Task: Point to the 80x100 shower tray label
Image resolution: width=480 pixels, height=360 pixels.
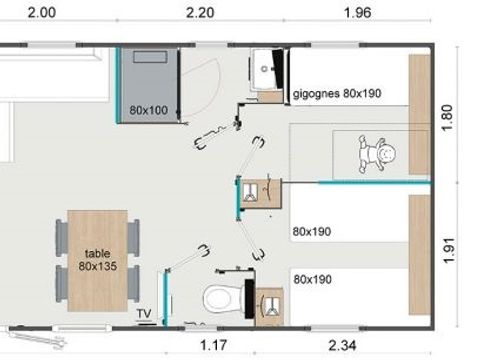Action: [147, 109]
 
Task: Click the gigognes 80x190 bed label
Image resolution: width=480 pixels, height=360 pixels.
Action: [338, 94]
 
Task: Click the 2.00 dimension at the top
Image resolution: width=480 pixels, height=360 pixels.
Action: [42, 13]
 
